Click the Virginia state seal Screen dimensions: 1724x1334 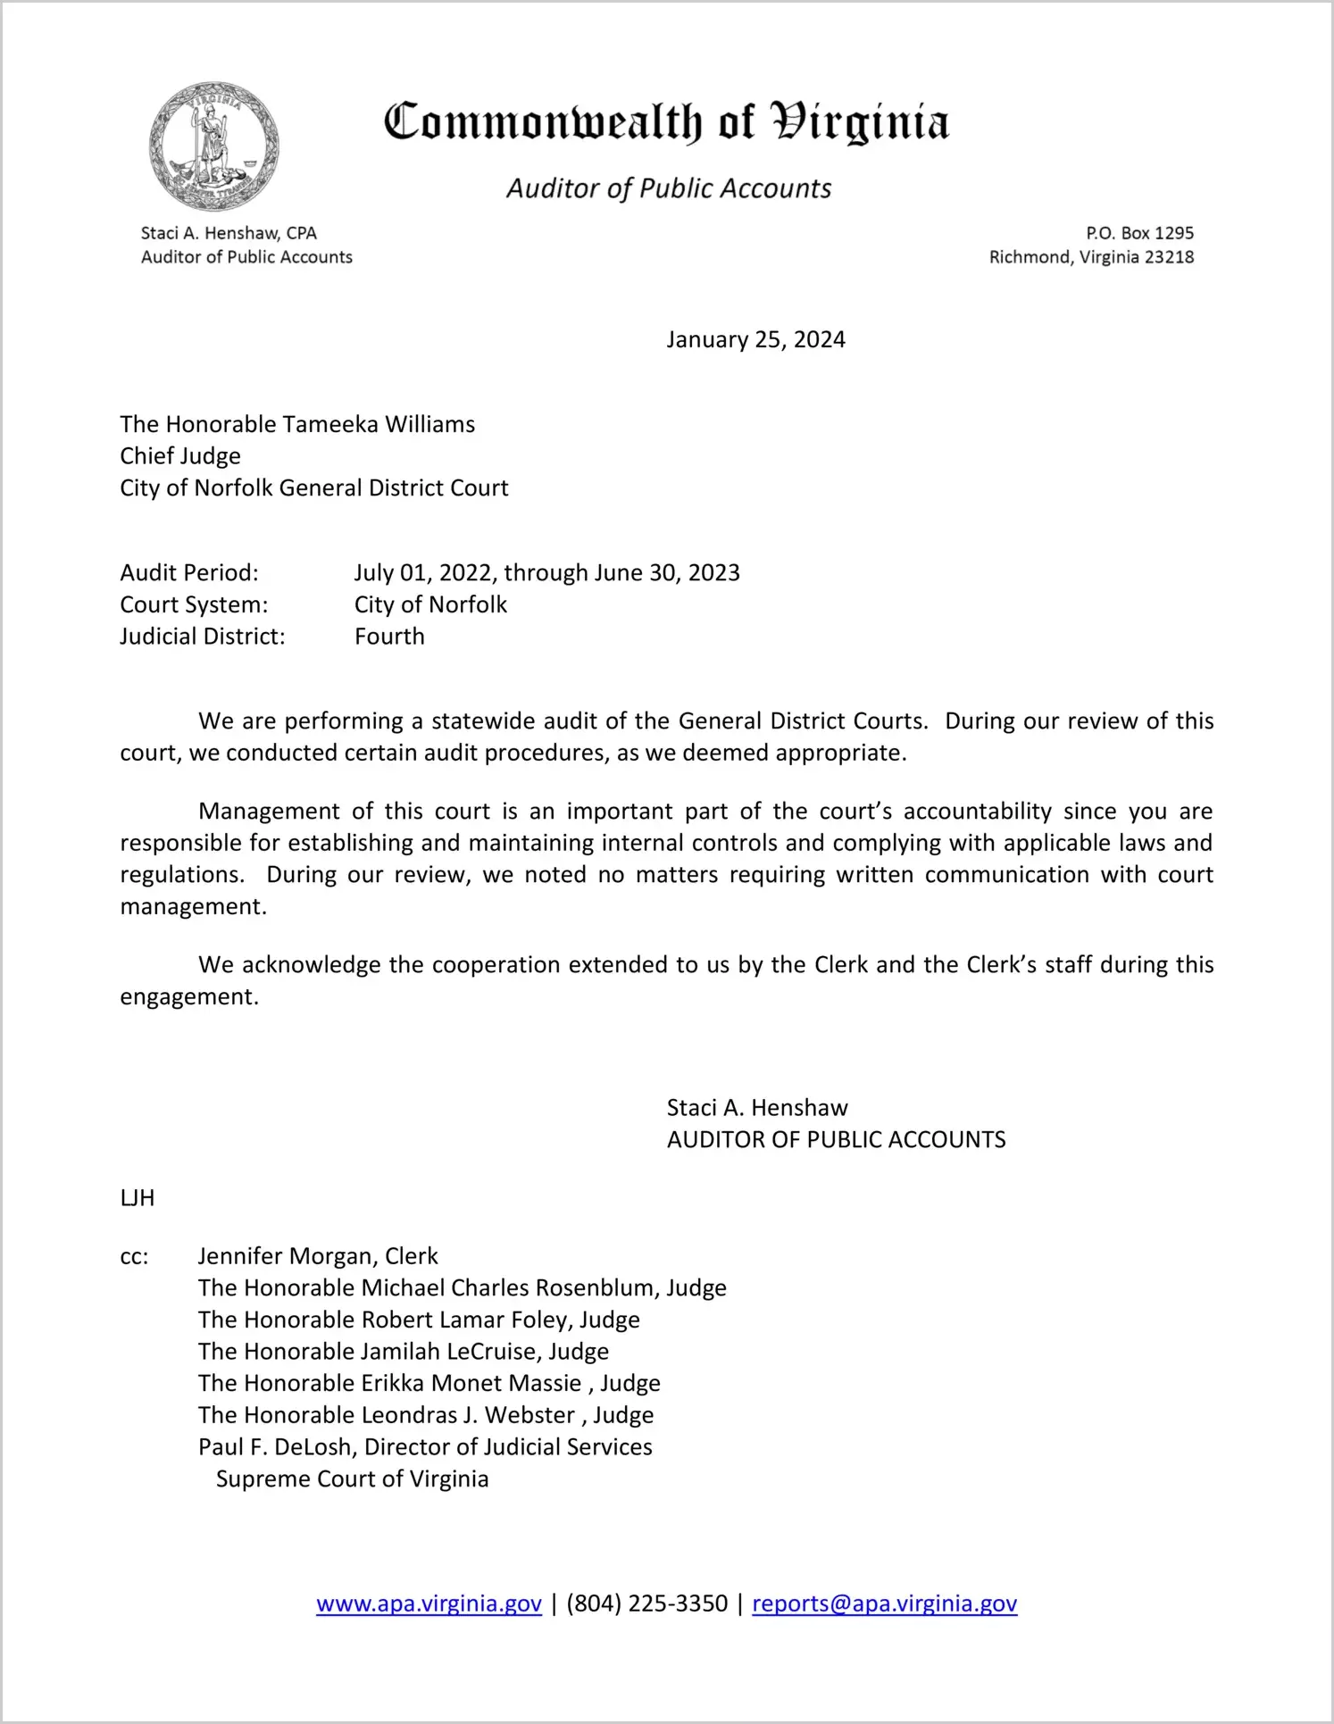coord(213,146)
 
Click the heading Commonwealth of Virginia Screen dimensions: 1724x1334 coord(666,122)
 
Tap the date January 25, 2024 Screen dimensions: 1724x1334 coord(755,340)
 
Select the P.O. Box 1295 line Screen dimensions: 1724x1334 coord(1139,233)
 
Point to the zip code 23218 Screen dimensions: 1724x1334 coord(1169,257)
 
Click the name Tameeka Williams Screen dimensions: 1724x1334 coord(379,424)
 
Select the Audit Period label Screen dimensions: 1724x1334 coord(189,572)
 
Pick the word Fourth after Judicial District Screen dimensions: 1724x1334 coord(389,637)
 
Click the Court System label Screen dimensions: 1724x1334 coord(194,604)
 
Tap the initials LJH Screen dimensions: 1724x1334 coord(138,1198)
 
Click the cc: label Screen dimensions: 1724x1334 coord(134,1257)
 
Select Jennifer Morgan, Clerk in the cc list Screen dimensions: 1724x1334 coord(318,1256)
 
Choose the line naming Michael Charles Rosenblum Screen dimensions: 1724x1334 coord(462,1288)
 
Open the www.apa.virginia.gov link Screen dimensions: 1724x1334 coord(429,1604)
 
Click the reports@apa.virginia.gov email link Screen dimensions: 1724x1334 coord(884,1604)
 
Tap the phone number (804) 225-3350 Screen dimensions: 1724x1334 coord(646,1604)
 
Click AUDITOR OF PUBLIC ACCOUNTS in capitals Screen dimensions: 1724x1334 coord(836,1140)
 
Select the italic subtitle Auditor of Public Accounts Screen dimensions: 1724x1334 coord(669,188)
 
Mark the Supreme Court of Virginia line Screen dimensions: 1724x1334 coord(352,1479)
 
